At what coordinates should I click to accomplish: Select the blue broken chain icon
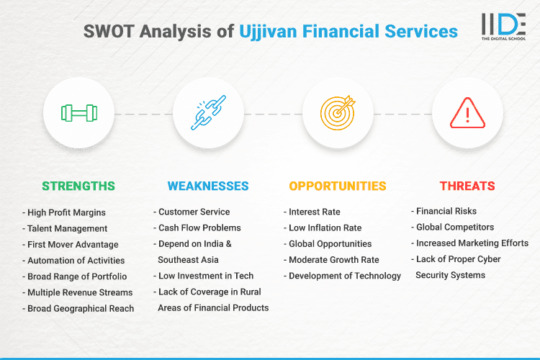[207, 114]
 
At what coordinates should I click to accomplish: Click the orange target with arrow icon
[337, 114]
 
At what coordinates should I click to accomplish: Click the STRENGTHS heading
[78, 186]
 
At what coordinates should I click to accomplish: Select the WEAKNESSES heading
[208, 186]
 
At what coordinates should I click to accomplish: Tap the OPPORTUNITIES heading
[338, 186]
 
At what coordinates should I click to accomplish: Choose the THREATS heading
[468, 186]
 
